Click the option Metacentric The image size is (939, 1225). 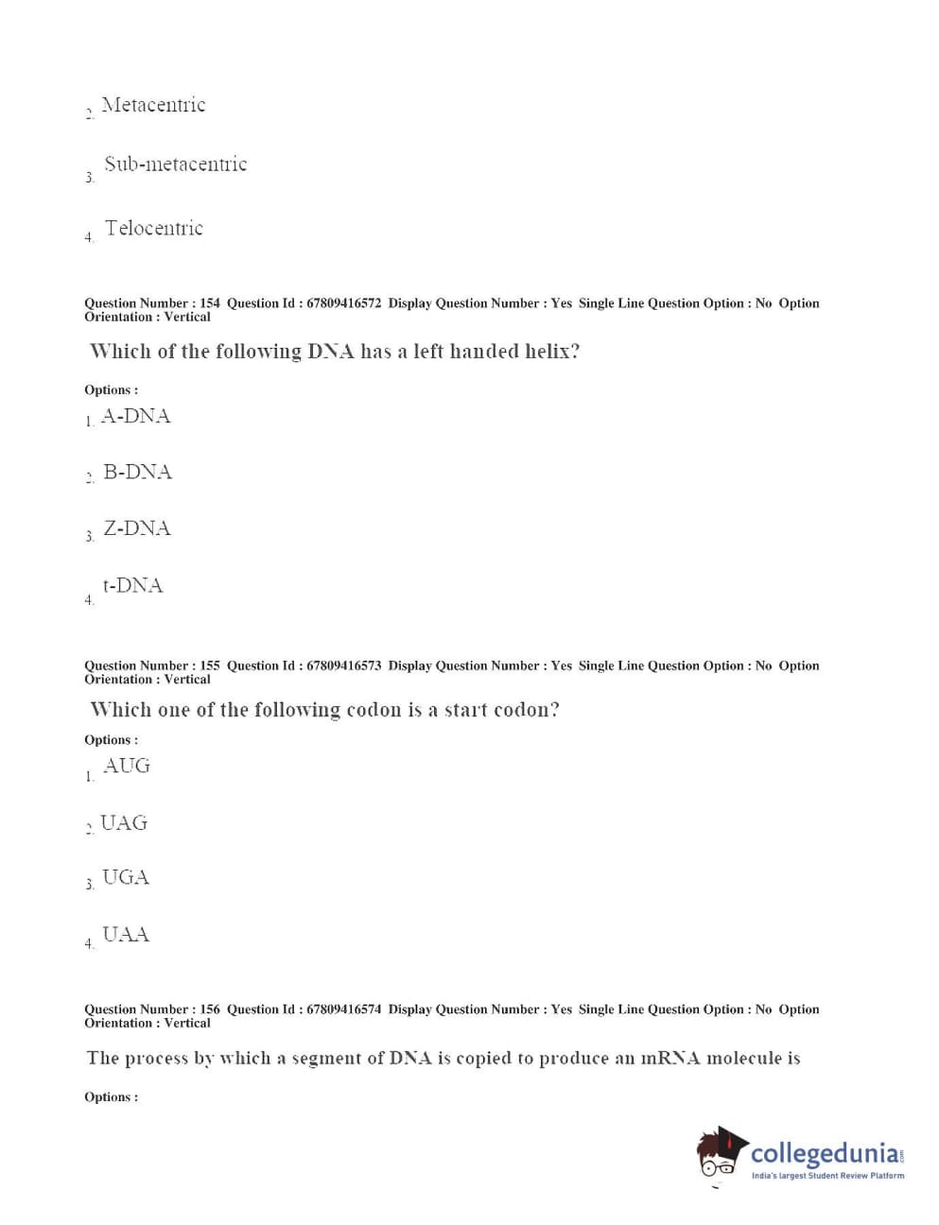pos(153,105)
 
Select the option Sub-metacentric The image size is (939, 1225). pos(175,164)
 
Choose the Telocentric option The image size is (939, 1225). pos(153,228)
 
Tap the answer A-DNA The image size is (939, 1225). pos(135,416)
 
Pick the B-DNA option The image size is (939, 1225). pos(137,472)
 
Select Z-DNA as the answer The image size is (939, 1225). pos(137,528)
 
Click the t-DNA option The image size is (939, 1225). pos(132,585)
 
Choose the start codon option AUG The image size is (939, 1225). pos(126,766)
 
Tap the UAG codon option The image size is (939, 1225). pos(124,823)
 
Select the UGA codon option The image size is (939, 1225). pos(126,877)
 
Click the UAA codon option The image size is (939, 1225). pos(126,935)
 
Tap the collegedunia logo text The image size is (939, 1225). pos(825,1153)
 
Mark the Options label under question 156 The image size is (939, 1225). pos(111,1096)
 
